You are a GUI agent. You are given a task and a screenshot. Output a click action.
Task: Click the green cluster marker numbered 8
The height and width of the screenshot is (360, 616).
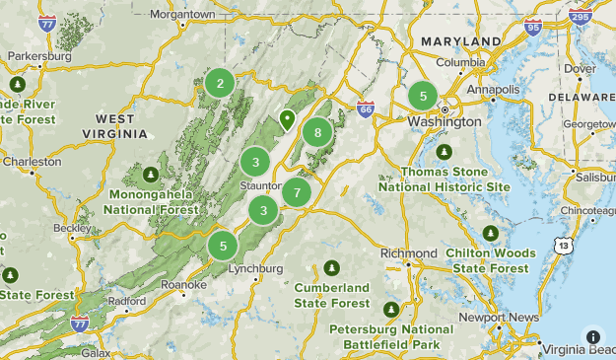coord(316,132)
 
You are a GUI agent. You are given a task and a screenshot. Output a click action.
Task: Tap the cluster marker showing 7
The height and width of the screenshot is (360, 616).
coord(297,192)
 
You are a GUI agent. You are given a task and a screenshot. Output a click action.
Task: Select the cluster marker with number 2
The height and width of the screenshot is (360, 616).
coord(220,83)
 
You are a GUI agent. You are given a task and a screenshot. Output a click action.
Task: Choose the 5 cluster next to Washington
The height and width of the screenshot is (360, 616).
coord(423,96)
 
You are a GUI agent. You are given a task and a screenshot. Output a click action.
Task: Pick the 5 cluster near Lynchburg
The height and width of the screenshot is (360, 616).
coord(224,246)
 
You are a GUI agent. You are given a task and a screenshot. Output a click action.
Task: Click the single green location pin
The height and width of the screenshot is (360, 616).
coord(287,120)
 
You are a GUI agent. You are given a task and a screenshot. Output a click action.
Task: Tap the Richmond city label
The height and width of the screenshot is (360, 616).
coord(408,253)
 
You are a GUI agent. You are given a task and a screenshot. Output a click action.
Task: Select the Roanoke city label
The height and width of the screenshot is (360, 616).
coord(184,284)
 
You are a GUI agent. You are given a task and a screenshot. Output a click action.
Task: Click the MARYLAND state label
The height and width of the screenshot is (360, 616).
coord(460,40)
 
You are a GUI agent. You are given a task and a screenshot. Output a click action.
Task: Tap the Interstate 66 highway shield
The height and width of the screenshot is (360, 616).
coord(366,109)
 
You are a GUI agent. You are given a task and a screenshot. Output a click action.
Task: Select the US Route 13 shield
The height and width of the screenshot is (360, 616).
coord(562,245)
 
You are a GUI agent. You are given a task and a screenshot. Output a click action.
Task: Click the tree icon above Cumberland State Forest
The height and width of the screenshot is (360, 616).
coord(331,268)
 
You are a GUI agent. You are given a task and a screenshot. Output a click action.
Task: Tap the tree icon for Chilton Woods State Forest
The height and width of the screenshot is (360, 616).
coord(491,234)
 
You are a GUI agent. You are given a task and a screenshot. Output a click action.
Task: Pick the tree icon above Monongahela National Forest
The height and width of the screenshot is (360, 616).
coord(151,176)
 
